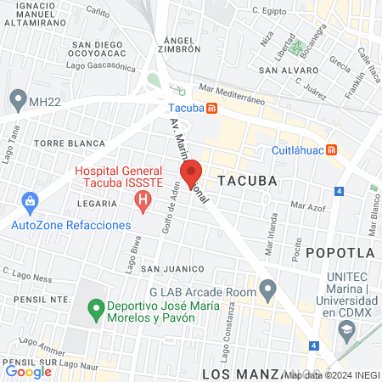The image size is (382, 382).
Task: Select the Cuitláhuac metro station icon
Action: [x=333, y=149]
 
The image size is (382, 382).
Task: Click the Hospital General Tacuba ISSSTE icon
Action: [x=143, y=201]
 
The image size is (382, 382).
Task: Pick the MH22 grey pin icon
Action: [x=18, y=100]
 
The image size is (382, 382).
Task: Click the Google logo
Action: [x=28, y=371]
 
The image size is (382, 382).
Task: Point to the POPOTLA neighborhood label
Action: [x=340, y=252]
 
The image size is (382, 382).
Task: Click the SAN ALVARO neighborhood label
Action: [x=282, y=70]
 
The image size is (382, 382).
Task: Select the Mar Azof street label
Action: [x=306, y=205]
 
